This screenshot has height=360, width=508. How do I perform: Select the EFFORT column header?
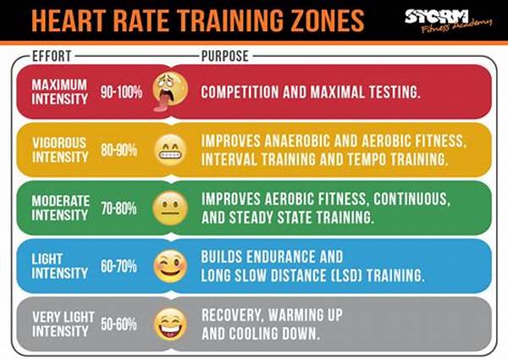click(x=52, y=57)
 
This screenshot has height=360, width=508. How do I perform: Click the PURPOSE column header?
click(x=226, y=57)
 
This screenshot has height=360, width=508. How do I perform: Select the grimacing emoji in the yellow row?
click(x=169, y=151)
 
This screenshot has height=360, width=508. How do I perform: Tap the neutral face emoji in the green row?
click(x=169, y=208)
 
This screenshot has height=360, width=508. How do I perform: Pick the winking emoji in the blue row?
click(x=169, y=267)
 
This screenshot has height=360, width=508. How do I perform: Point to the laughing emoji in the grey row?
click(x=169, y=324)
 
